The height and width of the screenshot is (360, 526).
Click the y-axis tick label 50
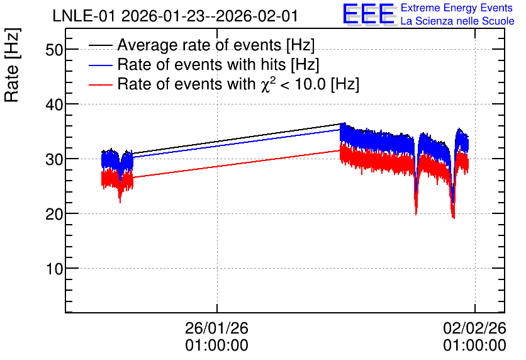pos(53,50)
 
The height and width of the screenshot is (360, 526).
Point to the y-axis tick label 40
pos(53,105)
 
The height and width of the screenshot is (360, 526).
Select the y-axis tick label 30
pos(53,160)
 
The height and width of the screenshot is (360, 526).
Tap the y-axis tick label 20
pos(53,215)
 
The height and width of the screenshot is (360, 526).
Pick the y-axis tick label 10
pos(53,269)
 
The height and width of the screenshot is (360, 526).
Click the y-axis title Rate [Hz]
pos(12,65)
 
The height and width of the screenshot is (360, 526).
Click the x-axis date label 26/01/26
pos(216,328)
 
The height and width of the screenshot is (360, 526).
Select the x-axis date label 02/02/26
pos(474,328)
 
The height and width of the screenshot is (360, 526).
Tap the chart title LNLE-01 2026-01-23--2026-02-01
pos(175,16)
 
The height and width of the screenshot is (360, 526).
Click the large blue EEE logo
pos(369,14)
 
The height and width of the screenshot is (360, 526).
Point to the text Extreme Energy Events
pos(457,8)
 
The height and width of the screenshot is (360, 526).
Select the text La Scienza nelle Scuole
pos(457,21)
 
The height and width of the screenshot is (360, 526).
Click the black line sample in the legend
pos(100,45)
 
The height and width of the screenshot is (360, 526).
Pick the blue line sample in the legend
pos(100,65)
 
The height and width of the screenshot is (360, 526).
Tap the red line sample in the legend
pos(100,84)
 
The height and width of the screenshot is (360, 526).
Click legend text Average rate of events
pos(199,45)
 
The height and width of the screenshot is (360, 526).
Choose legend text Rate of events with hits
pos(201,64)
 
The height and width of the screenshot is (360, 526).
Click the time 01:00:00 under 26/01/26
pos(216,346)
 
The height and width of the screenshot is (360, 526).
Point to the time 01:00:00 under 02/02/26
pos(474,346)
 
